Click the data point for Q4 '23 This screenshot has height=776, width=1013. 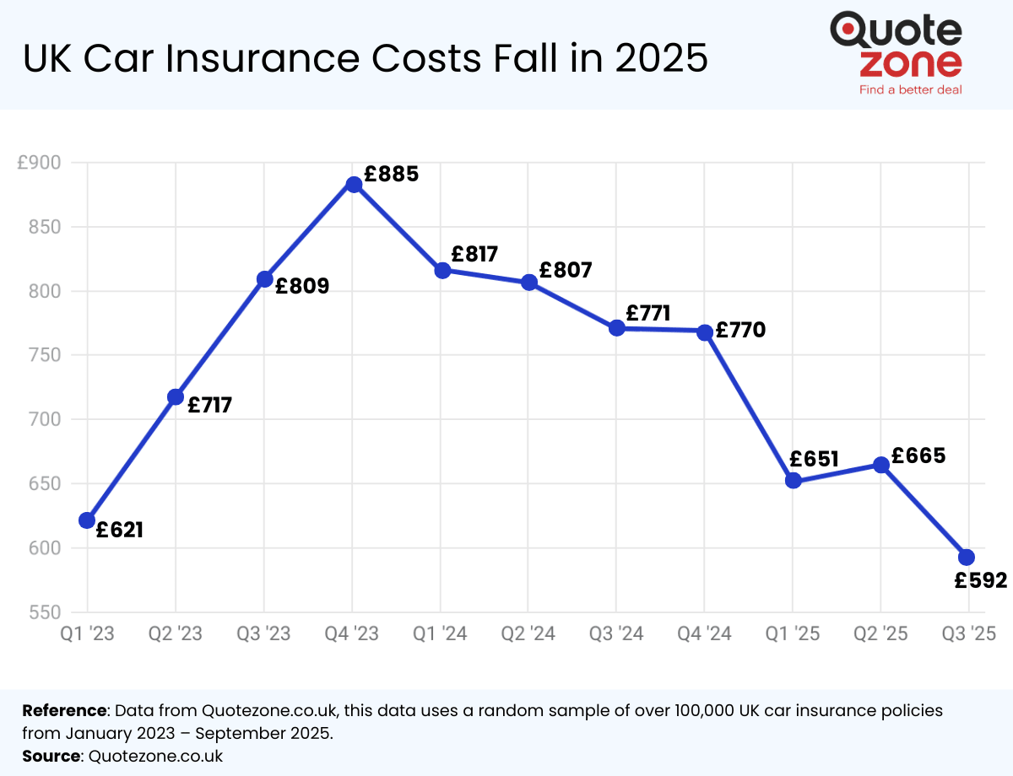[x=354, y=185]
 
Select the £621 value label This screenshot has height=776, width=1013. [x=119, y=531]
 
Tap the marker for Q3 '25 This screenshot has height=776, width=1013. [x=967, y=557]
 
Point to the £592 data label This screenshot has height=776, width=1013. [x=981, y=581]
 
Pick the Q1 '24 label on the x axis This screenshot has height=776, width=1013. [x=441, y=633]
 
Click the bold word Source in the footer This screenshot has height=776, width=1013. [x=51, y=756]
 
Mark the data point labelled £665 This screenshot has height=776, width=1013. [x=880, y=465]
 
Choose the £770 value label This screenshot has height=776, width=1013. [x=740, y=331]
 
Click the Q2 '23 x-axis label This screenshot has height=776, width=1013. [x=176, y=633]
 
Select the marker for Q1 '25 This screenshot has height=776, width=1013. [x=793, y=481]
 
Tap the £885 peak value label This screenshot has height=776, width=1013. [x=391, y=175]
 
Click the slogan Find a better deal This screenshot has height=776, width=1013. [x=910, y=89]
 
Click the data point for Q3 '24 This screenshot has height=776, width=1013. [x=616, y=328]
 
